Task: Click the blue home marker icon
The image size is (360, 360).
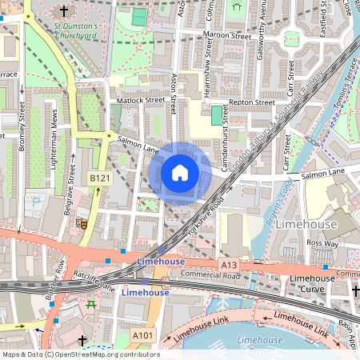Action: (180, 172)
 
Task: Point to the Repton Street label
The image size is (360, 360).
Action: (251, 103)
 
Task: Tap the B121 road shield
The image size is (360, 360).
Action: (99, 178)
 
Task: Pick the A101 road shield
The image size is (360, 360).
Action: (142, 334)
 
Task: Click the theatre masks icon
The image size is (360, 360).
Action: (81, 224)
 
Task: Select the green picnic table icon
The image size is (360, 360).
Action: (91, 305)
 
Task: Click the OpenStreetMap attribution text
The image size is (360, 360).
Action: (80, 354)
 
